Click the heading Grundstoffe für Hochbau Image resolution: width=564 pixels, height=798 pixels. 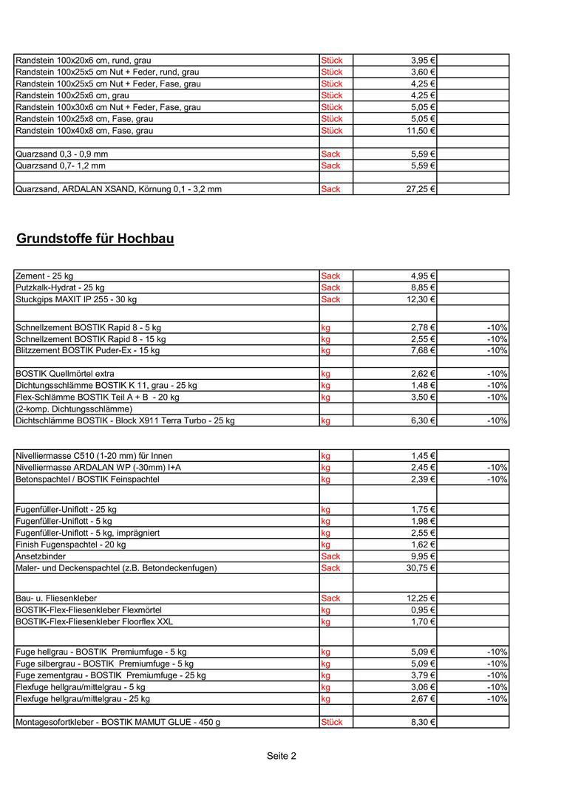point(95,239)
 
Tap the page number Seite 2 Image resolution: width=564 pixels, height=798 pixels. point(282,756)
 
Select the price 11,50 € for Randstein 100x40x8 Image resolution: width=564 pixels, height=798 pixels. point(420,131)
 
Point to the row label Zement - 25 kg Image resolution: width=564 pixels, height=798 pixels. point(44,276)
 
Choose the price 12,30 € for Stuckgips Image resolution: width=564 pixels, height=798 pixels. point(420,300)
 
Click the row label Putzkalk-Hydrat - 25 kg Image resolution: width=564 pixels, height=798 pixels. point(60,288)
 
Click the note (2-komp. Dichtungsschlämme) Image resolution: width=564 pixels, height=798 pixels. point(74,409)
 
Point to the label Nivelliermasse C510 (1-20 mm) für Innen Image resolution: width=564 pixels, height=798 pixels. point(94,456)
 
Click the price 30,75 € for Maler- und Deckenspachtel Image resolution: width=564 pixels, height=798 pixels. point(420,568)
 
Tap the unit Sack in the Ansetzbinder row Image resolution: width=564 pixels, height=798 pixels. point(330,556)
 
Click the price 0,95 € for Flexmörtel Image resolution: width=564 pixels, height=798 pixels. point(423,610)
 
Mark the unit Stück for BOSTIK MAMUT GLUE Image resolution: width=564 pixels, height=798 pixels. point(332,723)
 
